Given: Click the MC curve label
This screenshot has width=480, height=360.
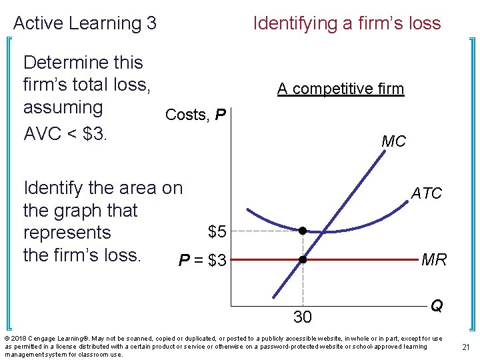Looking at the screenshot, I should [393, 141].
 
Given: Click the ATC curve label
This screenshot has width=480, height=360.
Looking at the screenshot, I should [426, 193].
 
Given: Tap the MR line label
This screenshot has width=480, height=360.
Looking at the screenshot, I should [434, 260].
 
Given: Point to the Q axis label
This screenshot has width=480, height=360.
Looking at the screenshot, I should [437, 305].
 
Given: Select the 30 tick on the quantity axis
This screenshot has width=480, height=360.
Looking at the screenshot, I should [303, 317].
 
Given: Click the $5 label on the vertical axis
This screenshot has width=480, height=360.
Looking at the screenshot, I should [217, 232].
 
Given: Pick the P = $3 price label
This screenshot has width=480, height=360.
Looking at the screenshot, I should [203, 261].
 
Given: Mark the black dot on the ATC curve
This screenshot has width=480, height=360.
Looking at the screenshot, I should [302, 231].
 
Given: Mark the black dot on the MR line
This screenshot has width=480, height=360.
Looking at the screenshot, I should [302, 259].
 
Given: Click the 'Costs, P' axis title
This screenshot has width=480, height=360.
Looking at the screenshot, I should [195, 115].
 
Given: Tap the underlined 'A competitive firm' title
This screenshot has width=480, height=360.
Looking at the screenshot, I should [341, 89].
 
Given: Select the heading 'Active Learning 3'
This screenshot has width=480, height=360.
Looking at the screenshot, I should [85, 23].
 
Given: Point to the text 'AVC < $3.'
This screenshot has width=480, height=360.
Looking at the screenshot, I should [65, 133].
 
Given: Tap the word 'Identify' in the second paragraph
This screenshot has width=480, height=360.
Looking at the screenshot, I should [57, 188].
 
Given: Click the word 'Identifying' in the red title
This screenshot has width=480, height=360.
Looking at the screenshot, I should [295, 23].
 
